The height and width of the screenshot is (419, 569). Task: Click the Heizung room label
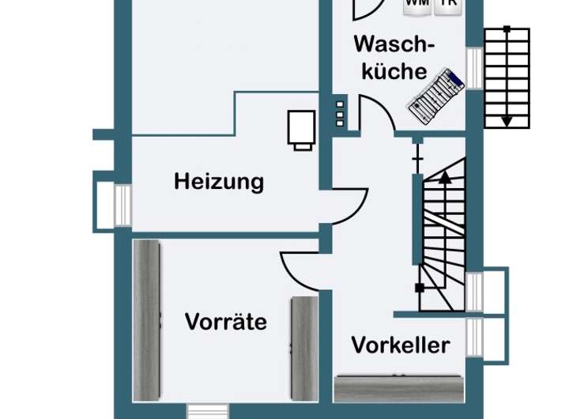[219, 182]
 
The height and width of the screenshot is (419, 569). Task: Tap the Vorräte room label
[225, 322]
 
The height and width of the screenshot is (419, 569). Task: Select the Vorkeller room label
[401, 345]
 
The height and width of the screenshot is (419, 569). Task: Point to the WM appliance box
[418, 6]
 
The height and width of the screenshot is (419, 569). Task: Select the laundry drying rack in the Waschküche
[435, 96]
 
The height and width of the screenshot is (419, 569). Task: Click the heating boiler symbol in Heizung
[301, 130]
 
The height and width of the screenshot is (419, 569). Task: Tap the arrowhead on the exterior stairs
[506, 121]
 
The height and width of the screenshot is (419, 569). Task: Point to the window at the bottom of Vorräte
[207, 411]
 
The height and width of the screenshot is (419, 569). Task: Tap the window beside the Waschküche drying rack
[473, 68]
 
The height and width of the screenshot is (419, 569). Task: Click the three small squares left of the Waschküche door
[340, 113]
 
